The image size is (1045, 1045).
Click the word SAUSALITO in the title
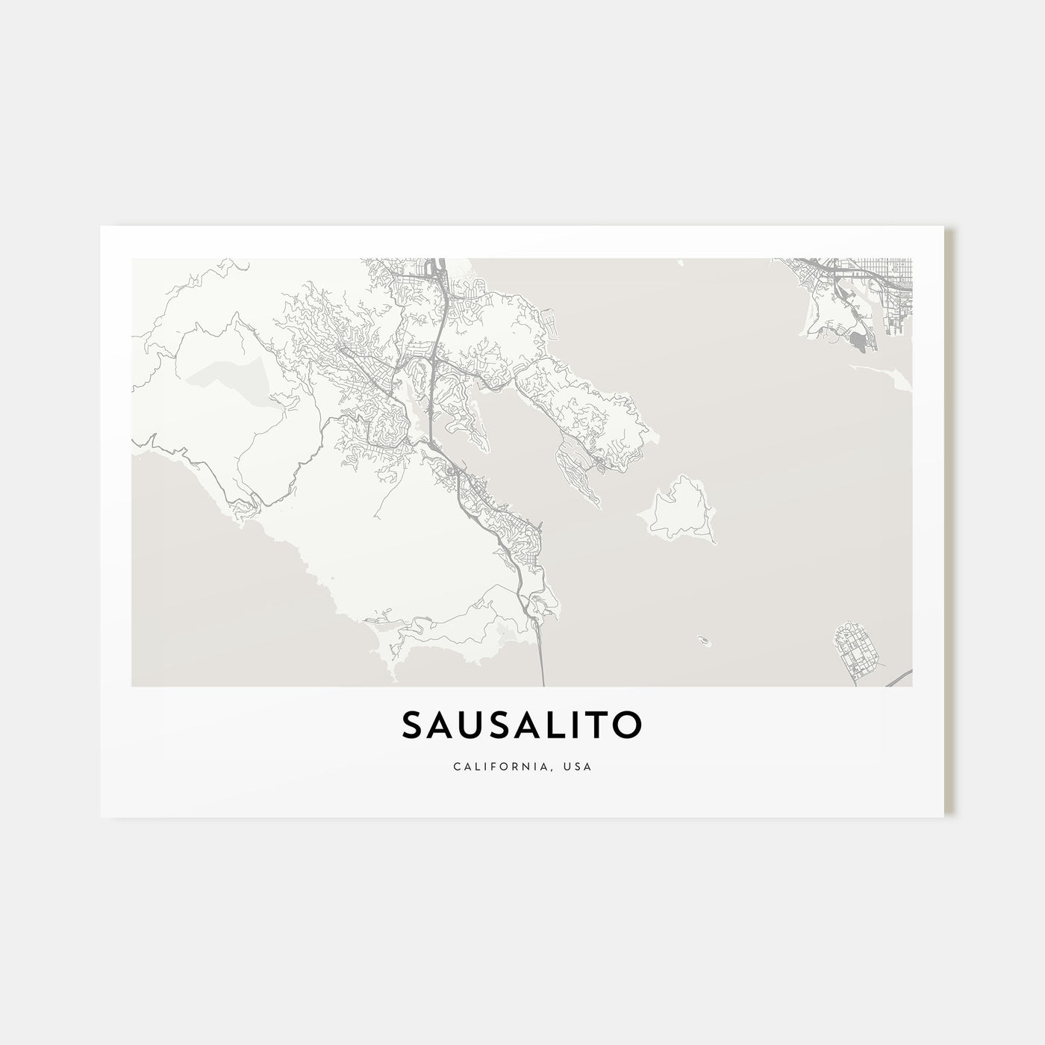[x=522, y=725]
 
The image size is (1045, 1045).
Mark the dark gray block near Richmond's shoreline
[x=859, y=343]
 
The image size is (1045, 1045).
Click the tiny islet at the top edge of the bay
[x=681, y=262]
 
